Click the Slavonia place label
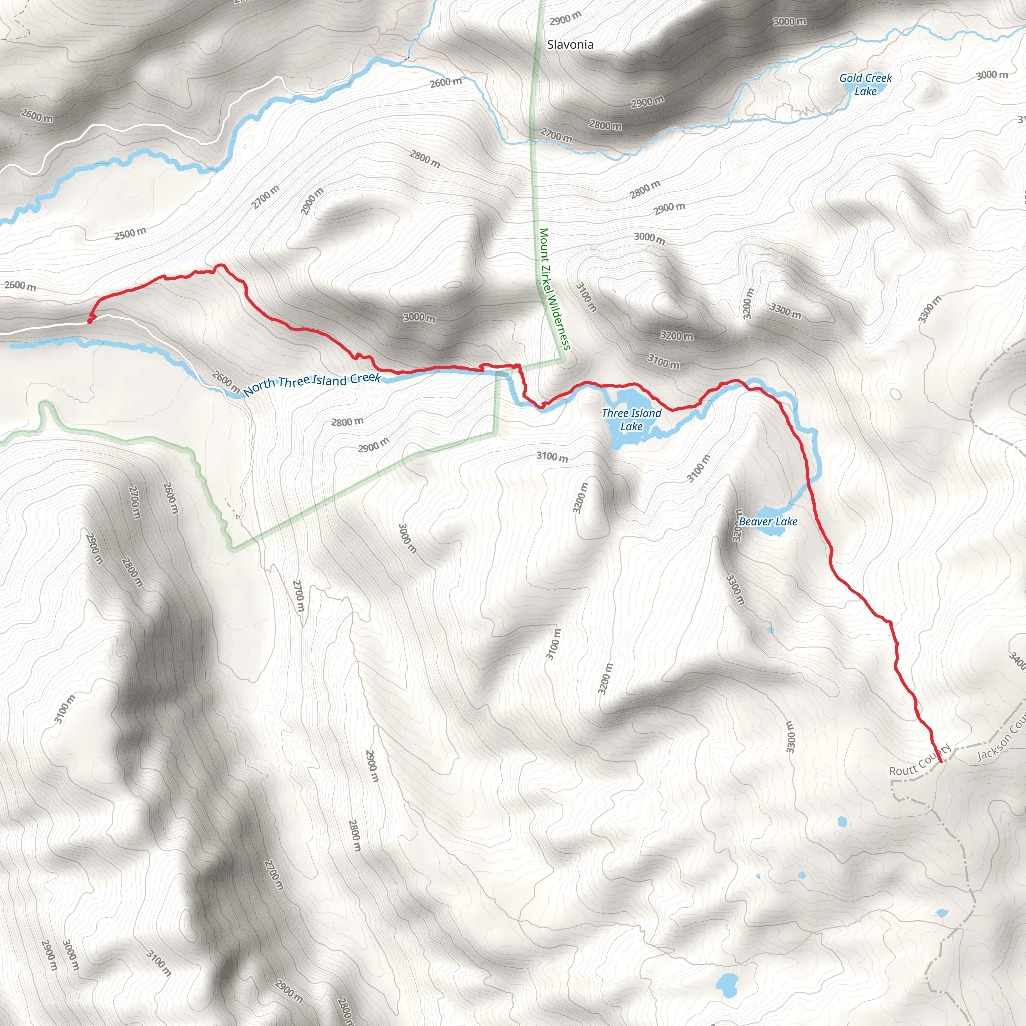570,45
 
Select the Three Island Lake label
631,419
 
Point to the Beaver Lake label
768,522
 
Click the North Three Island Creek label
312,384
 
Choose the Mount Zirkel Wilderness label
554,290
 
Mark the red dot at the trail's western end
90,320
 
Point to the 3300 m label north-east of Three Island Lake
786,311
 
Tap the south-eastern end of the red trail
940,761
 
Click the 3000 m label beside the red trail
419,318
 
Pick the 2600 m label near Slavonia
445,82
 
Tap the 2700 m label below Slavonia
556,135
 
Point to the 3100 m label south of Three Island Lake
552,457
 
